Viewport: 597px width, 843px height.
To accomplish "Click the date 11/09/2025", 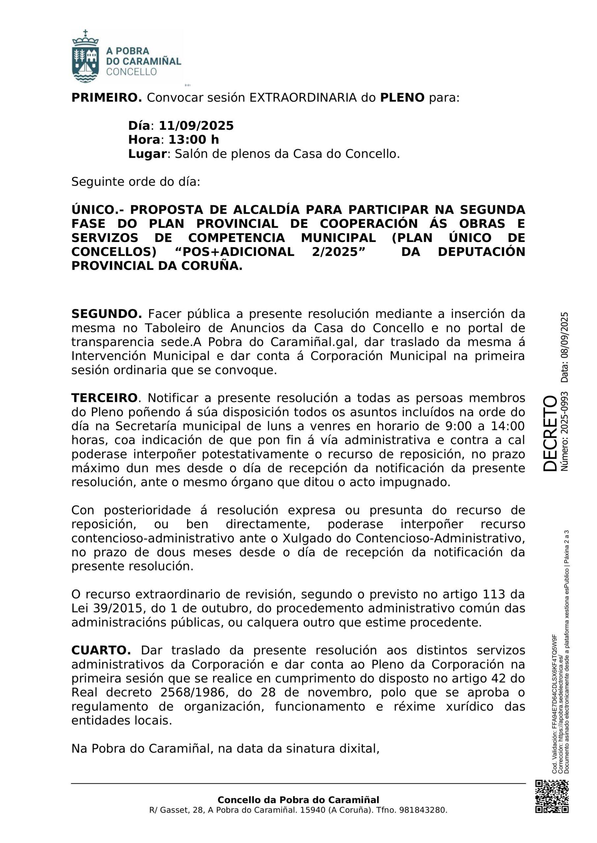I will tap(196, 126).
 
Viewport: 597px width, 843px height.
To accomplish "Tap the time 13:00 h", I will tap(194, 140).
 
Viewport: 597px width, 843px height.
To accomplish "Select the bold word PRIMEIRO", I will tap(106, 98).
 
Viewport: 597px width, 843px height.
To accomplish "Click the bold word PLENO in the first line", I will tap(402, 98).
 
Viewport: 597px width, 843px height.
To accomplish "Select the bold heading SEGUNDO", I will tap(106, 314).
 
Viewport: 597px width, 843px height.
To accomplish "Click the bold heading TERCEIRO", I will tap(104, 398).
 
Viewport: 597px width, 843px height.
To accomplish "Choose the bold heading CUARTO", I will tap(101, 650).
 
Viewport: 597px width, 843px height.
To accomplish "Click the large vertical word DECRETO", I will tap(550, 434).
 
